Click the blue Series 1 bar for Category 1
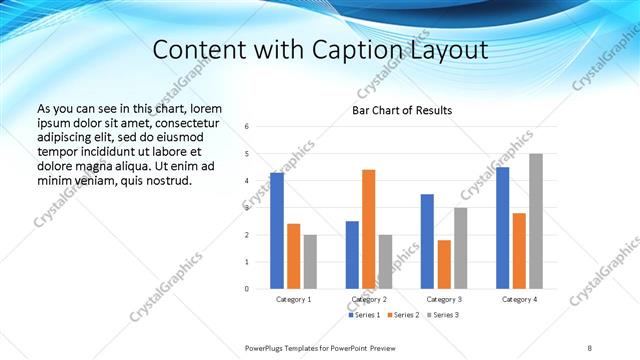click(x=277, y=230)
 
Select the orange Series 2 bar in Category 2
click(x=368, y=229)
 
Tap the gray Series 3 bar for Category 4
click(x=536, y=221)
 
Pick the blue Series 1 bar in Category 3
click(x=427, y=241)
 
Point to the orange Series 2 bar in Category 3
click(x=444, y=264)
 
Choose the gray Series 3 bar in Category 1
click(x=310, y=261)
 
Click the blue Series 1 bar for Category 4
click(x=503, y=228)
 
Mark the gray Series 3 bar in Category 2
click(x=386, y=261)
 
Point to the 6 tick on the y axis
click(x=247, y=126)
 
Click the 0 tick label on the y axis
click(x=247, y=289)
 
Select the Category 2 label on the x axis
click(x=368, y=299)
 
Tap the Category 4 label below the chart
click(x=519, y=299)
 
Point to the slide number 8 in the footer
click(x=590, y=347)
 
